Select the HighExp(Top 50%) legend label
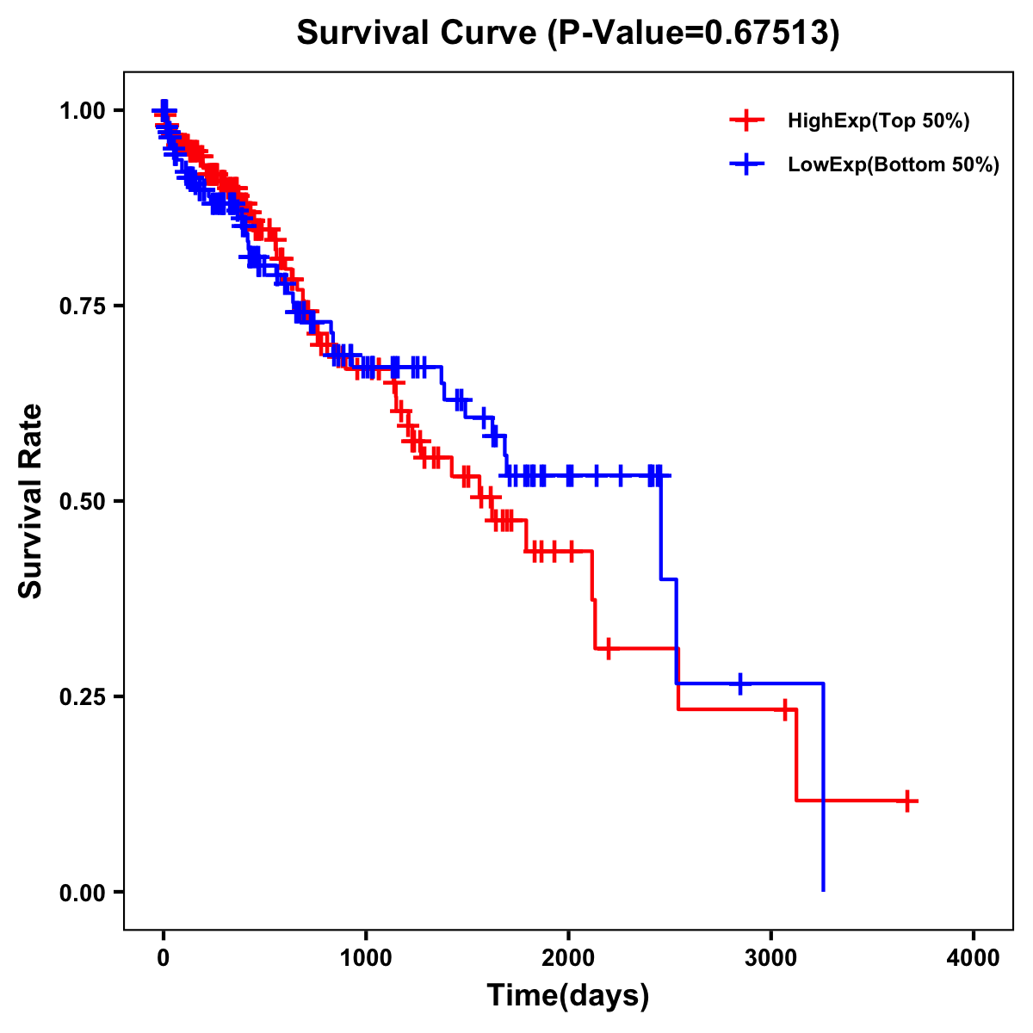(x=878, y=121)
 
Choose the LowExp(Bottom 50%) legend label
(x=894, y=165)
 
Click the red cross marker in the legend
(x=746, y=121)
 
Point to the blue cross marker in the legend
(x=746, y=164)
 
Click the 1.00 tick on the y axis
(x=82, y=111)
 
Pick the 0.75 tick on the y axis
(x=82, y=306)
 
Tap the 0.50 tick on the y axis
(x=82, y=502)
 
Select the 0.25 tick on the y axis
(x=82, y=697)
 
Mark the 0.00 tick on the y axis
(x=82, y=893)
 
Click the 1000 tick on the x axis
(x=366, y=958)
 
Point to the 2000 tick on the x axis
(x=568, y=958)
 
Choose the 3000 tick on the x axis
(x=771, y=958)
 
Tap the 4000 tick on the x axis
(x=974, y=958)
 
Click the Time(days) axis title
(x=568, y=996)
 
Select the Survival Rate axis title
(x=31, y=501)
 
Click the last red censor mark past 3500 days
(x=906, y=801)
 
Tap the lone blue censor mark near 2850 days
(x=740, y=684)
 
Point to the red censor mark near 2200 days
(x=609, y=648)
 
